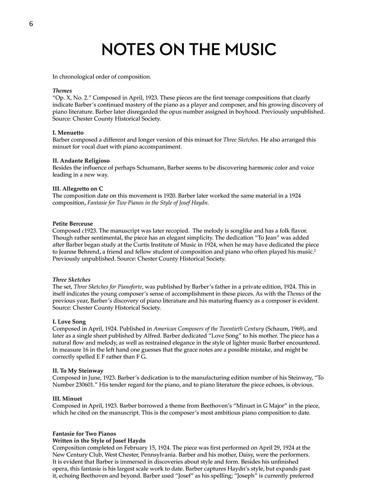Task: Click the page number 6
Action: click(31, 24)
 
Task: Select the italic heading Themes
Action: click(62, 91)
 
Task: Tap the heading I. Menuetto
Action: click(68, 133)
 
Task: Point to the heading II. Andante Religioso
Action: click(81, 161)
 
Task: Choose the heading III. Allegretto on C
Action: click(77, 189)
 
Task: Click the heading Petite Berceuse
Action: click(73, 224)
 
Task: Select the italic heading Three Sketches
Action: click(71, 280)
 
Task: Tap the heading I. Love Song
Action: click(69, 322)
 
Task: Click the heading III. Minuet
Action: click(67, 399)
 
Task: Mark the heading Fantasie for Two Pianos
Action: click(84, 434)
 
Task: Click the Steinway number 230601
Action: click(89, 385)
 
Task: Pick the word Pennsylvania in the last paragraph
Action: click(156, 455)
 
